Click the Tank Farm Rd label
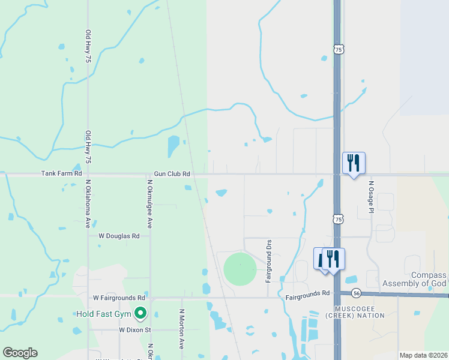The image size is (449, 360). pos(61,173)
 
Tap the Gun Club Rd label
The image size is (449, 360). pos(172,174)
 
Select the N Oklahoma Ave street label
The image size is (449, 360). pos(88,204)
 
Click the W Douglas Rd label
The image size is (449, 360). pos(119,236)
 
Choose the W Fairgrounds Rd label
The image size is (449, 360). pos(119,298)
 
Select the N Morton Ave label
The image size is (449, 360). pos(182,329)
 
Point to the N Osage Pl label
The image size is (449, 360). pos(372,197)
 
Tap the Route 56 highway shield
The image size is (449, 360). pos(357,293)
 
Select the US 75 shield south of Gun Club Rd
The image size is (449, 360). pos(339,220)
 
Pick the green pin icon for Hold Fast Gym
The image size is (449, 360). pos(140,313)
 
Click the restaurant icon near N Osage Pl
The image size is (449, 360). pos(354,163)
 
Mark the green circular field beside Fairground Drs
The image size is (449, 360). pos(240,269)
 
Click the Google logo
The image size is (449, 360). pos(20,353)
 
